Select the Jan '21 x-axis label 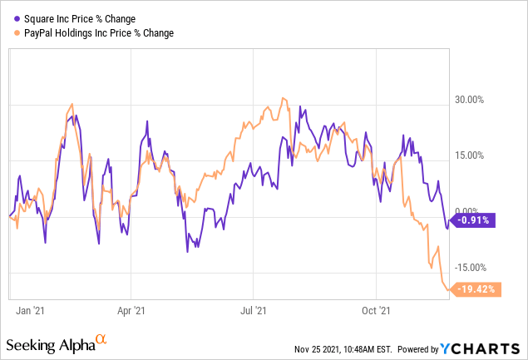[30, 311]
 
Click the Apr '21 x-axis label [131, 311]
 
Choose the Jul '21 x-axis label [254, 311]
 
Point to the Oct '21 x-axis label [376, 311]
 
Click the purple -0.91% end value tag [471, 220]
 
